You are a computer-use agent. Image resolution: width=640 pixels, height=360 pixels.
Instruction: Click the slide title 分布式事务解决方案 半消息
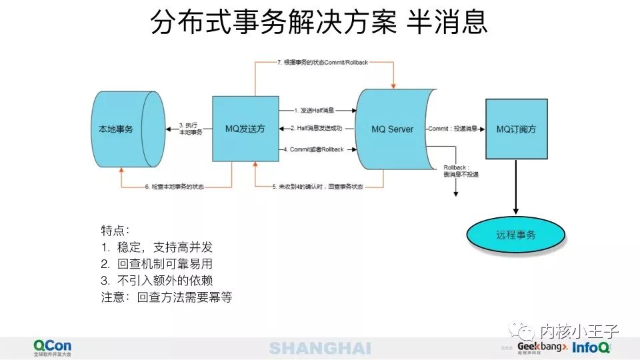click(x=319, y=22)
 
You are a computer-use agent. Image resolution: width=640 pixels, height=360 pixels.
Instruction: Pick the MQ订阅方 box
click(x=517, y=129)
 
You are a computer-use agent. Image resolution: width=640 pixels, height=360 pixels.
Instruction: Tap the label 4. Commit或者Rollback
click(x=317, y=149)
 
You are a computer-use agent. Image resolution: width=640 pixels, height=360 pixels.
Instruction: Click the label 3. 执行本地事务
click(x=190, y=129)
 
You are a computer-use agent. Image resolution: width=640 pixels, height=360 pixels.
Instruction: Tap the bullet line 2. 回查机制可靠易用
click(x=157, y=264)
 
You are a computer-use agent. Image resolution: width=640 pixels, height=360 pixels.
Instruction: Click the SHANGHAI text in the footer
click(x=320, y=348)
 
